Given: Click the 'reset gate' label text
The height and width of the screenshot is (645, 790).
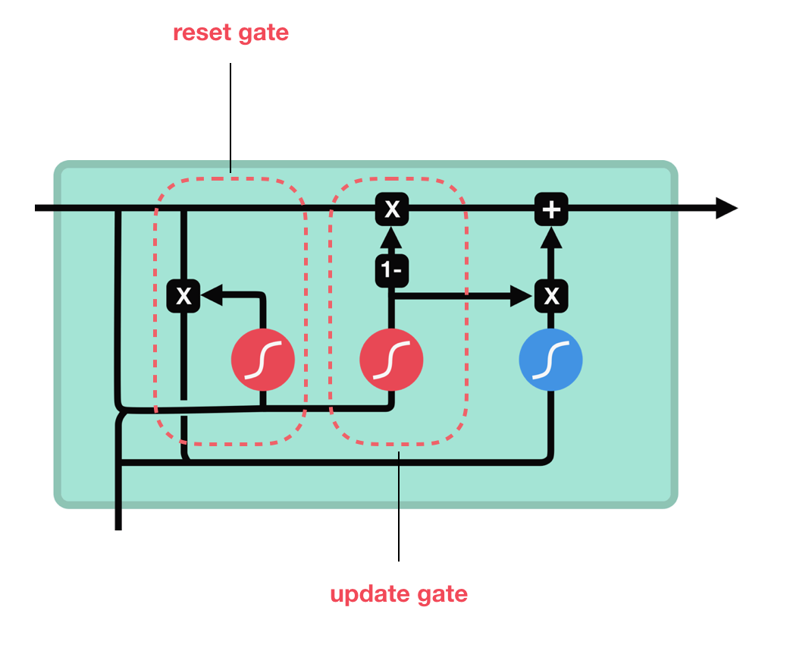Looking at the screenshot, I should tap(230, 34).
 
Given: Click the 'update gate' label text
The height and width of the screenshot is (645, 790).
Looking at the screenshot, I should tap(399, 593).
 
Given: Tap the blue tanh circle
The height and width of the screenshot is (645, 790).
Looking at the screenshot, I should tap(550, 360).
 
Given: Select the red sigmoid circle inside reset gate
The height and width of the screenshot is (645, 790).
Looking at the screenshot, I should tap(262, 360).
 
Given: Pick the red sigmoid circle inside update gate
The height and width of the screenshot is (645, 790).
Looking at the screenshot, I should tap(391, 360).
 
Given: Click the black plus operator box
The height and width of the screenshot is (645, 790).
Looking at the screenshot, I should tap(551, 209).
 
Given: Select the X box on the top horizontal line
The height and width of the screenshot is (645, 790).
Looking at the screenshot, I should tap(392, 209).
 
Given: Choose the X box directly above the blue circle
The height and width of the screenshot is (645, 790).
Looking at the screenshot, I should tap(551, 296).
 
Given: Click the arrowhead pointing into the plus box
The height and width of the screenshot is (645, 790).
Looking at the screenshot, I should tap(551, 238).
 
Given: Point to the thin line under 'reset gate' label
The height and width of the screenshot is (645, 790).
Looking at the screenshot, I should tap(230, 114).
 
